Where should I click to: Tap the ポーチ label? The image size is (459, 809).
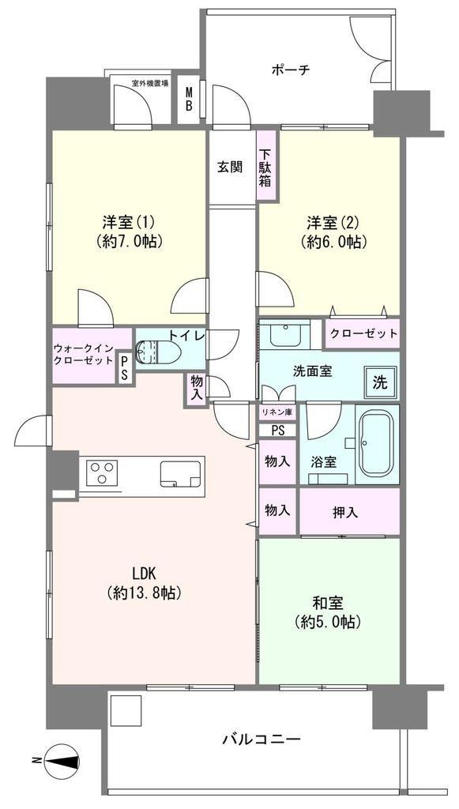(291, 70)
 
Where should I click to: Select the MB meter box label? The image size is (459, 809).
(190, 99)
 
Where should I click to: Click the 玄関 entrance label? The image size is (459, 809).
(229, 167)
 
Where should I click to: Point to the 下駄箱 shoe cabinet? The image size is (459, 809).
(266, 167)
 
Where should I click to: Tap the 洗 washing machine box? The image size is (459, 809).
(380, 382)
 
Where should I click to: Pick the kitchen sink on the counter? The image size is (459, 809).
(180, 474)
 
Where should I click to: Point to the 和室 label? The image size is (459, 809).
(327, 603)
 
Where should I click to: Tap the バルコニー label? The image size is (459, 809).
(261, 739)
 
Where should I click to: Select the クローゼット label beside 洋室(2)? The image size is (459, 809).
(364, 334)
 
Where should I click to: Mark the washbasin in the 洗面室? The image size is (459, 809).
(284, 334)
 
